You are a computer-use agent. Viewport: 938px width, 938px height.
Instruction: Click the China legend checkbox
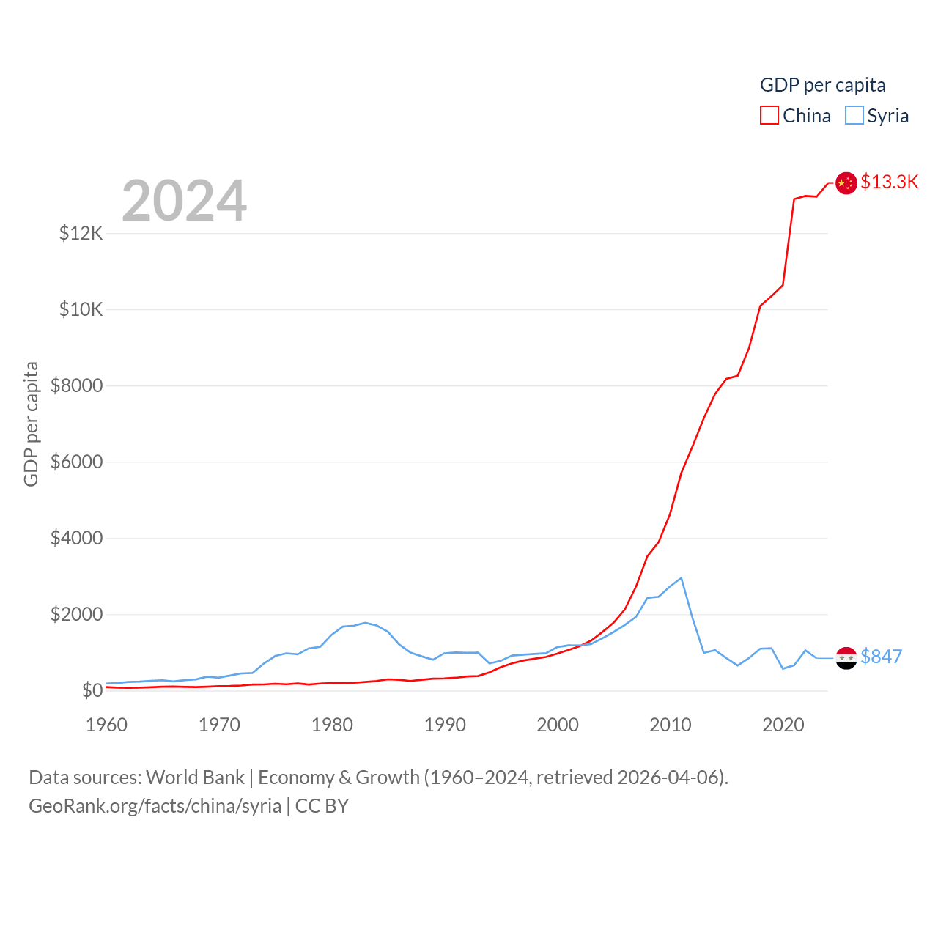pyautogui.click(x=769, y=116)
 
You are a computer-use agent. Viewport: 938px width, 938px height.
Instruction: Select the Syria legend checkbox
pyautogui.click(x=854, y=116)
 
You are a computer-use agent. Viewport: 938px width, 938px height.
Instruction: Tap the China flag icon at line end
pyautogui.click(x=846, y=183)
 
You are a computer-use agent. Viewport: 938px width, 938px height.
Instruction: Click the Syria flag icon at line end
pyautogui.click(x=846, y=658)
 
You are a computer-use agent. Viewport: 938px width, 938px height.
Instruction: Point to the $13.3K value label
pyautogui.click(x=889, y=182)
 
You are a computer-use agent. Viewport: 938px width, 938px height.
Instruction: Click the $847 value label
pyautogui.click(x=881, y=657)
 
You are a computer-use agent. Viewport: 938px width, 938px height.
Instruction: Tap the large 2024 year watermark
pyautogui.click(x=185, y=201)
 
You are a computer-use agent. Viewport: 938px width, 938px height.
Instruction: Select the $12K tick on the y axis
pyautogui.click(x=81, y=234)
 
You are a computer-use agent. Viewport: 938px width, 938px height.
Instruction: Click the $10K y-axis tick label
pyautogui.click(x=81, y=310)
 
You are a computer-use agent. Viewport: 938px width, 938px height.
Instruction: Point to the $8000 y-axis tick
pyautogui.click(x=76, y=386)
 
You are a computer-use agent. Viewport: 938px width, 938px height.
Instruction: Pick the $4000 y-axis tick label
pyautogui.click(x=76, y=539)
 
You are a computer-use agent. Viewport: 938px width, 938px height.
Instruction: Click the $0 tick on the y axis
pyautogui.click(x=92, y=691)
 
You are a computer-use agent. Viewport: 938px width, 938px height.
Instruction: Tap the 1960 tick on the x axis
pyautogui.click(x=107, y=725)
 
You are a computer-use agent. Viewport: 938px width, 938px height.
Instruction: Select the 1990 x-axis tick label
pyautogui.click(x=445, y=725)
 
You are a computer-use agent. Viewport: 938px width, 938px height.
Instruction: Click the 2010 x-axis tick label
pyautogui.click(x=671, y=725)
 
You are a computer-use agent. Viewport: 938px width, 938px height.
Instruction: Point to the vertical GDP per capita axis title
pyautogui.click(x=31, y=424)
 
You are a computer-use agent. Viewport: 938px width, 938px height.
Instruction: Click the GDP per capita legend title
pyautogui.click(x=822, y=85)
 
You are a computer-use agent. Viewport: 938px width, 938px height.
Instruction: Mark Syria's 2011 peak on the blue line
pyautogui.click(x=682, y=578)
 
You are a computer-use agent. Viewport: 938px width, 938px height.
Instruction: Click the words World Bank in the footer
pyautogui.click(x=195, y=778)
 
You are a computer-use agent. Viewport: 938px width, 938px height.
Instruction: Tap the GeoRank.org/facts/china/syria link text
pyautogui.click(x=155, y=806)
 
